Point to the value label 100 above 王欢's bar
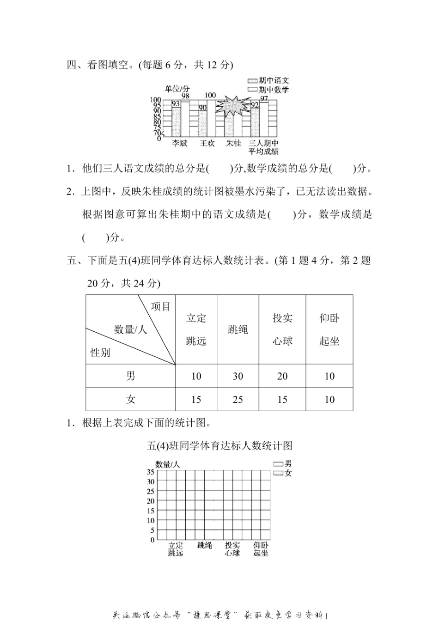210,95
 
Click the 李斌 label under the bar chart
180,143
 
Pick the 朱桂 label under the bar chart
233,143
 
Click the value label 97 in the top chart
264,98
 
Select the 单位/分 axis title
177,88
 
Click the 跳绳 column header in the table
238,329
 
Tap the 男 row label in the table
131,376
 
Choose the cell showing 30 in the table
238,376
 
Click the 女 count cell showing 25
238,399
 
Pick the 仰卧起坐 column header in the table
329,329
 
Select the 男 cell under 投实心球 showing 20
282,376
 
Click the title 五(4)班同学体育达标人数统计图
219,445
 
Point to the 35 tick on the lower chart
151,472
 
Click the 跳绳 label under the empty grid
204,545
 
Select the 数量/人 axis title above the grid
167,464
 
